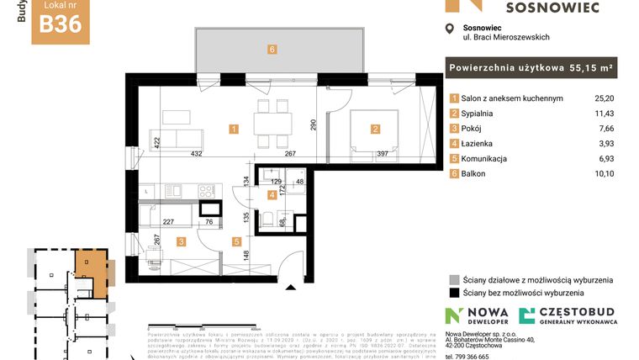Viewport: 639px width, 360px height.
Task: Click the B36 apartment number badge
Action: (61, 23)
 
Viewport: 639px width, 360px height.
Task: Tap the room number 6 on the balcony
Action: (272, 49)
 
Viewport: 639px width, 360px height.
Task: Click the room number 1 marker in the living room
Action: (234, 129)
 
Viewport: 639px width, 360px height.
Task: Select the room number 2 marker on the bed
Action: (375, 129)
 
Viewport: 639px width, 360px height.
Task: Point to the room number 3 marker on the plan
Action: (181, 241)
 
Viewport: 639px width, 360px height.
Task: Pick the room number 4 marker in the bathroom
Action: (272, 195)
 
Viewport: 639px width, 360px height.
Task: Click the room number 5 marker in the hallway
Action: (237, 241)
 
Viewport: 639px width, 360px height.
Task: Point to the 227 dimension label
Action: (168, 222)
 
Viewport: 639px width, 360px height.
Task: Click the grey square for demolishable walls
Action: (455, 279)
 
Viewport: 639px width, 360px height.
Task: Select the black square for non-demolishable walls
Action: (455, 293)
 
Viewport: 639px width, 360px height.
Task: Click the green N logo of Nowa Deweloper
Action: (454, 315)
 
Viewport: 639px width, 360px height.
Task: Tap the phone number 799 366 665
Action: (475, 356)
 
